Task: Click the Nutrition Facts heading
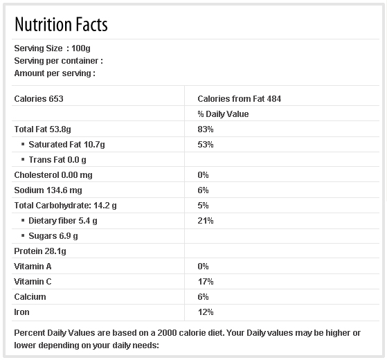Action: tap(61, 24)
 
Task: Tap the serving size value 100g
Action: tap(81, 48)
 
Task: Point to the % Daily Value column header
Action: tap(223, 114)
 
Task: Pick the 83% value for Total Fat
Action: tap(206, 129)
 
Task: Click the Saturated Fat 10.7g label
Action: tap(66, 145)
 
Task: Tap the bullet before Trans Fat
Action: tap(23, 159)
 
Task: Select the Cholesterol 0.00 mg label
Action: tap(53, 175)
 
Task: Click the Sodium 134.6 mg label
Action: tap(48, 190)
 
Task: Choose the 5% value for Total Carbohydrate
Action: tap(203, 206)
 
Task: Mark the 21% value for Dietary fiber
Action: tap(206, 221)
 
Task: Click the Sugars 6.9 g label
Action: tap(53, 236)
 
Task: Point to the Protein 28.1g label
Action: tap(40, 251)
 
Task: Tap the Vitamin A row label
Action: tap(33, 267)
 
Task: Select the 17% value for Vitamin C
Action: tap(206, 282)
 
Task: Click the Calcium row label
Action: tap(30, 297)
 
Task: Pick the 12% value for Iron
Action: tap(206, 312)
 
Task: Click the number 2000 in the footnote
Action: tap(167, 333)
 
